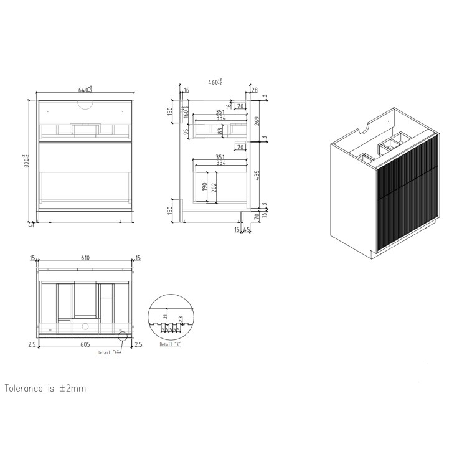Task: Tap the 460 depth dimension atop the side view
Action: [x=215, y=81]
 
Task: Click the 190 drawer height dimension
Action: [x=204, y=186]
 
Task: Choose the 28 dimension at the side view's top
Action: [x=254, y=90]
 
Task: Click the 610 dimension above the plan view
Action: [x=85, y=257]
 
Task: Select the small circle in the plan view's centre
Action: [x=86, y=325]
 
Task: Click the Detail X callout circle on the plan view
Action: [x=122, y=336]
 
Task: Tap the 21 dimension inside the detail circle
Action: [x=164, y=316]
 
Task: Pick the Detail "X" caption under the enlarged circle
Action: [x=169, y=344]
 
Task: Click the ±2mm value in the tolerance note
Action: [x=72, y=389]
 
